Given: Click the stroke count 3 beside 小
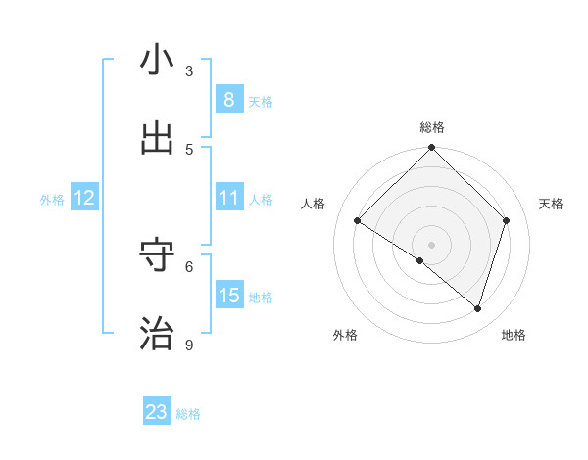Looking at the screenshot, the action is pyautogui.click(x=189, y=70).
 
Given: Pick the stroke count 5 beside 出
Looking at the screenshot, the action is pyautogui.click(x=189, y=149).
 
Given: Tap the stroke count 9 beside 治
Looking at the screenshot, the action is pyautogui.click(x=189, y=345).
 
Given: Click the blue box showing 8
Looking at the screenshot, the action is pyautogui.click(x=228, y=100).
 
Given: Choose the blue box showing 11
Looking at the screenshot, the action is pyautogui.click(x=228, y=198).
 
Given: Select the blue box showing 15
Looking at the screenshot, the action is pyautogui.click(x=228, y=296).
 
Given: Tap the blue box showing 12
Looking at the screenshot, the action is pyautogui.click(x=84, y=198).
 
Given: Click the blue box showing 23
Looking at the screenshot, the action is pyautogui.click(x=157, y=412).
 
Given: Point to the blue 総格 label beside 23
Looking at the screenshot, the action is pyautogui.click(x=188, y=414).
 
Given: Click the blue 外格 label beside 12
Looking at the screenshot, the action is pyautogui.click(x=52, y=200).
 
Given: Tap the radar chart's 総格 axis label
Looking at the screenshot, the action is pyautogui.click(x=432, y=128).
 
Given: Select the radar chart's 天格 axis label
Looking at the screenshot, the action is pyautogui.click(x=551, y=204).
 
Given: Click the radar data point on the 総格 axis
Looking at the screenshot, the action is pyautogui.click(x=432, y=148).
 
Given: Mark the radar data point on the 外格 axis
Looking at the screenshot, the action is pyautogui.click(x=420, y=260).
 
